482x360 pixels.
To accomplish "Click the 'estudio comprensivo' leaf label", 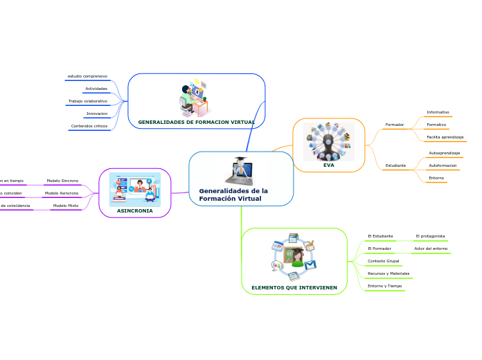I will pos(87,75).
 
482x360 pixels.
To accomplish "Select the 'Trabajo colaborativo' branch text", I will pos(88,101).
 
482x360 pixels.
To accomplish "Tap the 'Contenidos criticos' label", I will pos(89,126).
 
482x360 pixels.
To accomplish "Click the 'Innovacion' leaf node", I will pos(96,114).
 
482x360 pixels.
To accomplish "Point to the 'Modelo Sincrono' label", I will pos(62,181).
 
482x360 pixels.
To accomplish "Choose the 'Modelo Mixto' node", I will pos(66,206).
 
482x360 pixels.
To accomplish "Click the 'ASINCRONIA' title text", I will pos(135,210).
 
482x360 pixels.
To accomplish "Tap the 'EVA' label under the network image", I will pos(328,165).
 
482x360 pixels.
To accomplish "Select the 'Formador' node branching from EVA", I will pos(395,125).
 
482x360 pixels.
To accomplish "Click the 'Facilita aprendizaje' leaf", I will pos(445,137).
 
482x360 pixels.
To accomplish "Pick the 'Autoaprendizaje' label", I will pos(445,152).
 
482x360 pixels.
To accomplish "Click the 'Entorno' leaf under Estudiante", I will pos(436,178).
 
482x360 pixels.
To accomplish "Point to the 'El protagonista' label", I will pos(430,236).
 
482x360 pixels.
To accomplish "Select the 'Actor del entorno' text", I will pos(431,248).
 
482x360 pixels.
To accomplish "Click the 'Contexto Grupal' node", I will pos(384,261).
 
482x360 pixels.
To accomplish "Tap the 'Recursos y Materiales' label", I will pos(389,273).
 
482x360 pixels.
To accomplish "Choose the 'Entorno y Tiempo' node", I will pos(385,286).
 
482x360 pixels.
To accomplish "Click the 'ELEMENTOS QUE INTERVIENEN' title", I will pos(294,287).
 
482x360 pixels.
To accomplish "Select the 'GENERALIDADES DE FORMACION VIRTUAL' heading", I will pos(197,122).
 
